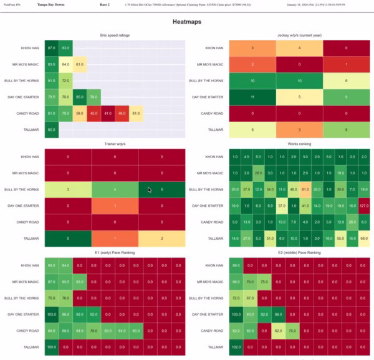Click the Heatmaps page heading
(x=187, y=22)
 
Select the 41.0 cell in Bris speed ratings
(x=108, y=113)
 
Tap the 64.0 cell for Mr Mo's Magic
(x=65, y=64)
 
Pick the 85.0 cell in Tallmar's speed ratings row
(x=51, y=130)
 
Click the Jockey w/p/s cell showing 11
(x=252, y=97)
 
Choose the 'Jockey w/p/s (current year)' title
(x=299, y=35)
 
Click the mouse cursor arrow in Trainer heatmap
(x=148, y=190)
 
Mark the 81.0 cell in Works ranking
(x=305, y=189)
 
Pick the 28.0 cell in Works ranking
(x=257, y=173)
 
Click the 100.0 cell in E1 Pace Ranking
(x=51, y=346)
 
